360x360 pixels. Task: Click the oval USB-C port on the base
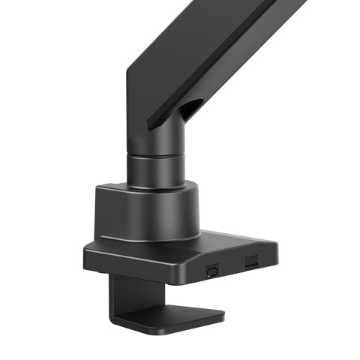[x=212, y=268]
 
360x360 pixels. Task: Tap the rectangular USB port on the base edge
[x=250, y=262]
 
